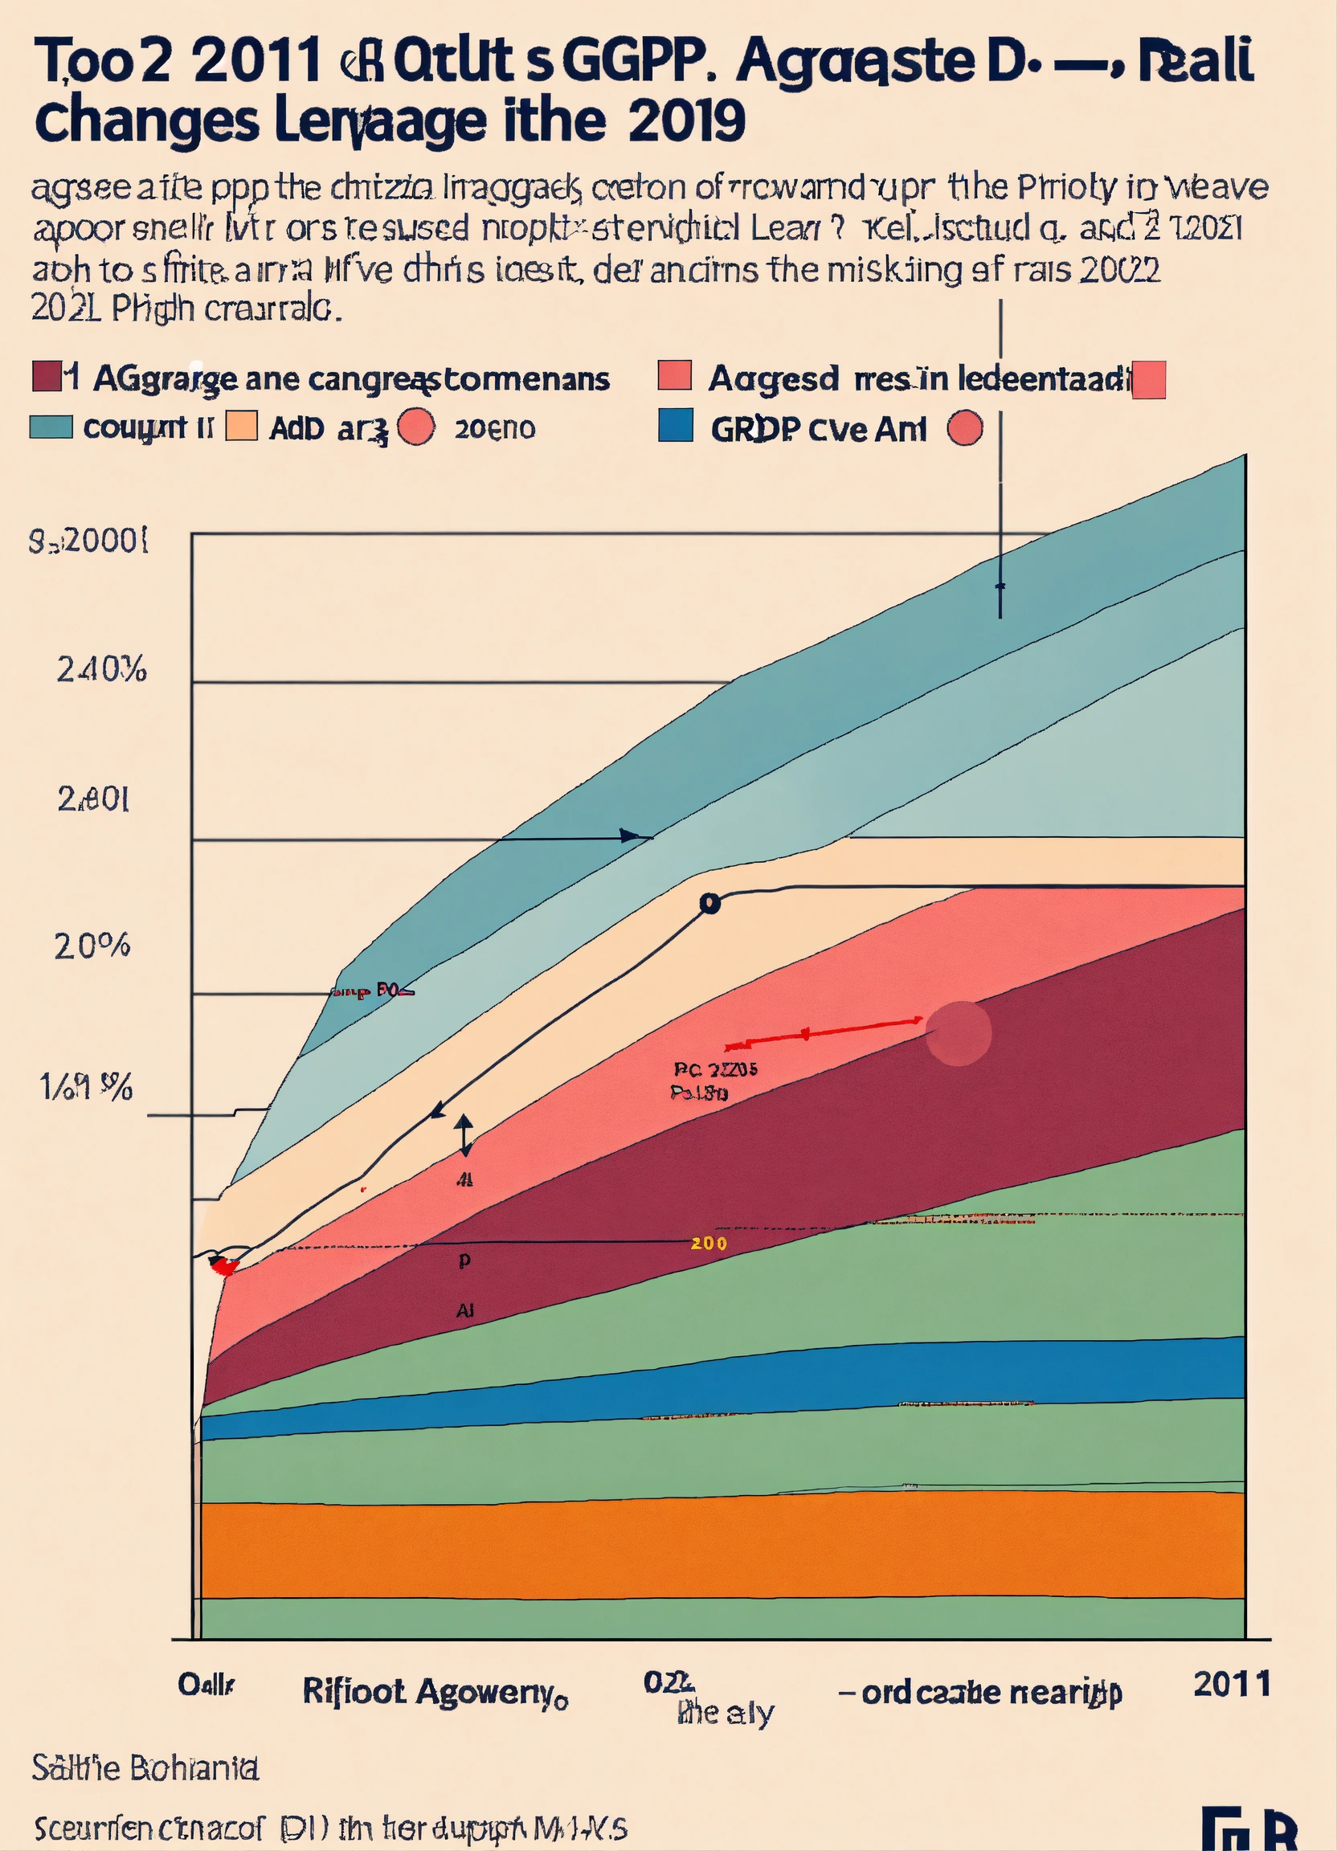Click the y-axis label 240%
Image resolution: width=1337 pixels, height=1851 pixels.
click(101, 670)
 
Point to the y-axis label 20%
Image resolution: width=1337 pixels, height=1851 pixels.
click(92, 946)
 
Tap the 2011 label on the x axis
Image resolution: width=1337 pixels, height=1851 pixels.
click(1231, 1684)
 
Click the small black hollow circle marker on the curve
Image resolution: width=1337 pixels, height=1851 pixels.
click(709, 904)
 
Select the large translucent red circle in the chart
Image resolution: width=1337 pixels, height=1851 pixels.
click(959, 1033)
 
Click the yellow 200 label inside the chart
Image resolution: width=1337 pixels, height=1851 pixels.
click(708, 1244)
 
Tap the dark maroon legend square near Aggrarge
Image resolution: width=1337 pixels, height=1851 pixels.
click(47, 377)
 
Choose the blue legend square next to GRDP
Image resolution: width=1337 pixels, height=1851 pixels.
click(675, 426)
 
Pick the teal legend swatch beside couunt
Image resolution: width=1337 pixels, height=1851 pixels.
click(51, 427)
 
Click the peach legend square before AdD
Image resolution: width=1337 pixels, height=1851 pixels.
click(241, 426)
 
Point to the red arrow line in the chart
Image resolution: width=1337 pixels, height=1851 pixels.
click(824, 1033)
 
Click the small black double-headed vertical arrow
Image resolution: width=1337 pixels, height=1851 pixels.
click(464, 1135)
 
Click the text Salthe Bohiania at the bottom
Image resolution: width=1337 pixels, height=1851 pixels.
click(145, 1768)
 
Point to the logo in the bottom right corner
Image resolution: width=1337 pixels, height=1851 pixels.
click(1249, 1831)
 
